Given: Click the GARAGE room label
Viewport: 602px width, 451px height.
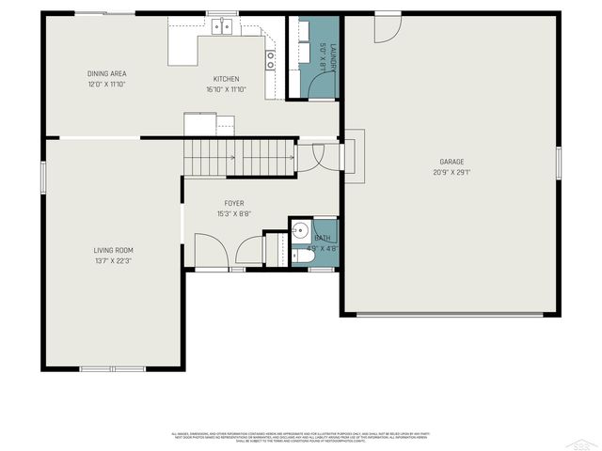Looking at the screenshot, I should [x=451, y=162].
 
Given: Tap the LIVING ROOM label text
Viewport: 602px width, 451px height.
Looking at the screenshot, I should [x=112, y=250].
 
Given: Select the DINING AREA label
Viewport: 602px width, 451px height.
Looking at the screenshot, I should [x=106, y=73].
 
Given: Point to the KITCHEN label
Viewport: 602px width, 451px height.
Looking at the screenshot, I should [x=226, y=79].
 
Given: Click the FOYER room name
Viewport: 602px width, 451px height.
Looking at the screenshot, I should [x=233, y=204].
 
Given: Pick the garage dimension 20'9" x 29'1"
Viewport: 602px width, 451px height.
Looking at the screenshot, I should [x=451, y=172].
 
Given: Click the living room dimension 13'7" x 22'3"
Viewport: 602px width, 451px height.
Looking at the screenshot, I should [x=112, y=260].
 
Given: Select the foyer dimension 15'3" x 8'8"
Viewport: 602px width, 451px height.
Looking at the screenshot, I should [x=233, y=214].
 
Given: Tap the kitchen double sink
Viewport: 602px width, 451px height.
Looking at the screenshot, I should [x=223, y=27].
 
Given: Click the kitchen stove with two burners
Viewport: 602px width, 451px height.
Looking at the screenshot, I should [x=271, y=59].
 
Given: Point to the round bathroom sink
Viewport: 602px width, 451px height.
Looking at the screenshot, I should [x=300, y=230].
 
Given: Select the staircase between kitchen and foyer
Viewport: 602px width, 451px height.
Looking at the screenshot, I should [x=239, y=157].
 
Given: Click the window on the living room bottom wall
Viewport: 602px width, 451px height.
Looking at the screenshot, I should [x=112, y=368].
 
